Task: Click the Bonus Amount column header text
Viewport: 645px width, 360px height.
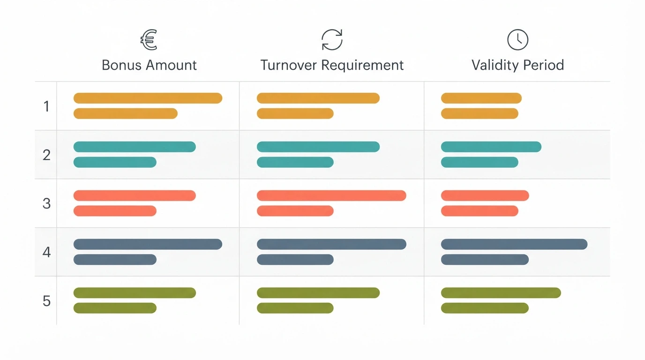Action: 149,65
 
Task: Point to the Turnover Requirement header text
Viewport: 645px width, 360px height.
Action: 332,65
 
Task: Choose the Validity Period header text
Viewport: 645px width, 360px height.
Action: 517,65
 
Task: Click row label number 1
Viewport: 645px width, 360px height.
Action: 46,106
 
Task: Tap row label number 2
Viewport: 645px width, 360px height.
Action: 46,155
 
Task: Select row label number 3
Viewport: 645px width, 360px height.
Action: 46,203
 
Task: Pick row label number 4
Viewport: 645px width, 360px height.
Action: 46,252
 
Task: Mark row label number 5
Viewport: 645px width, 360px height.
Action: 46,301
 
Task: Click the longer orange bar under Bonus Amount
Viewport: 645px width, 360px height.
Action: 148,98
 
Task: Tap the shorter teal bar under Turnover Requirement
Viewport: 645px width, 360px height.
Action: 295,162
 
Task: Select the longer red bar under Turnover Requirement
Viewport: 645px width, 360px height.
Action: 331,195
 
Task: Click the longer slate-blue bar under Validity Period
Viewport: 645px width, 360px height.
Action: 514,244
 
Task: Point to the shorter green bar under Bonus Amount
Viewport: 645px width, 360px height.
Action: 115,308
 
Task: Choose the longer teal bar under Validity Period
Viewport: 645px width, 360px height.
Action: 491,147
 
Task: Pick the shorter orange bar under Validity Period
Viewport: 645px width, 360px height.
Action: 480,113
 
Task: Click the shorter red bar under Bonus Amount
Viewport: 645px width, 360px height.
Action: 115,211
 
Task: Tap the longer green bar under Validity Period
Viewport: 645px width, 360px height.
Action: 501,293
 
